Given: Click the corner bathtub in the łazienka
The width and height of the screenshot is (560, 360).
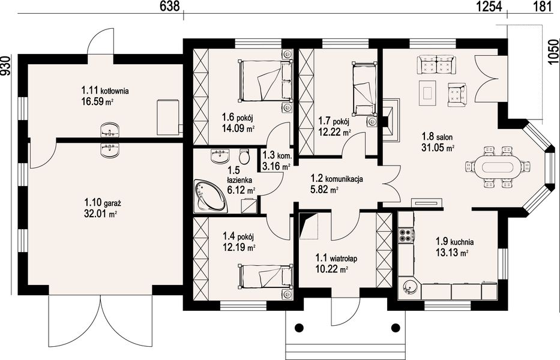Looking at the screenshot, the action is [209, 195].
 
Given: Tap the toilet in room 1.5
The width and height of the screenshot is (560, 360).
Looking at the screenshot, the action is [244, 156].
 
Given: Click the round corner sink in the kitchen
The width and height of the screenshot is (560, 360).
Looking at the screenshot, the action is [409, 287].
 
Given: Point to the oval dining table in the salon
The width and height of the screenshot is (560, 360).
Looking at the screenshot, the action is [498, 167].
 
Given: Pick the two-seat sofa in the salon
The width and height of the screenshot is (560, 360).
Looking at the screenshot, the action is [435, 65].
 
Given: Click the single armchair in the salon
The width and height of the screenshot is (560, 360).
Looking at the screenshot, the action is [457, 94].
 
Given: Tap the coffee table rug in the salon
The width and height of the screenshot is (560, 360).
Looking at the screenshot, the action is [427, 93].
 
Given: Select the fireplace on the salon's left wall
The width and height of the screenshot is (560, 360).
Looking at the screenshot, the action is [391, 120].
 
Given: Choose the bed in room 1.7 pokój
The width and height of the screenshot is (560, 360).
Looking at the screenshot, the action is [364, 89].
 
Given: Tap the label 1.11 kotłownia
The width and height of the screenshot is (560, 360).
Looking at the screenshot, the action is [105, 91].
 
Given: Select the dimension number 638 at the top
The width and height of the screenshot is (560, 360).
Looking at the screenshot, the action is [169, 7].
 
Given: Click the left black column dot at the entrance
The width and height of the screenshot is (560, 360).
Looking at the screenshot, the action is [300, 327].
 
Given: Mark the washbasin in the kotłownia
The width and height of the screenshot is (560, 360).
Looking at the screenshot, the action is [110, 130].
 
